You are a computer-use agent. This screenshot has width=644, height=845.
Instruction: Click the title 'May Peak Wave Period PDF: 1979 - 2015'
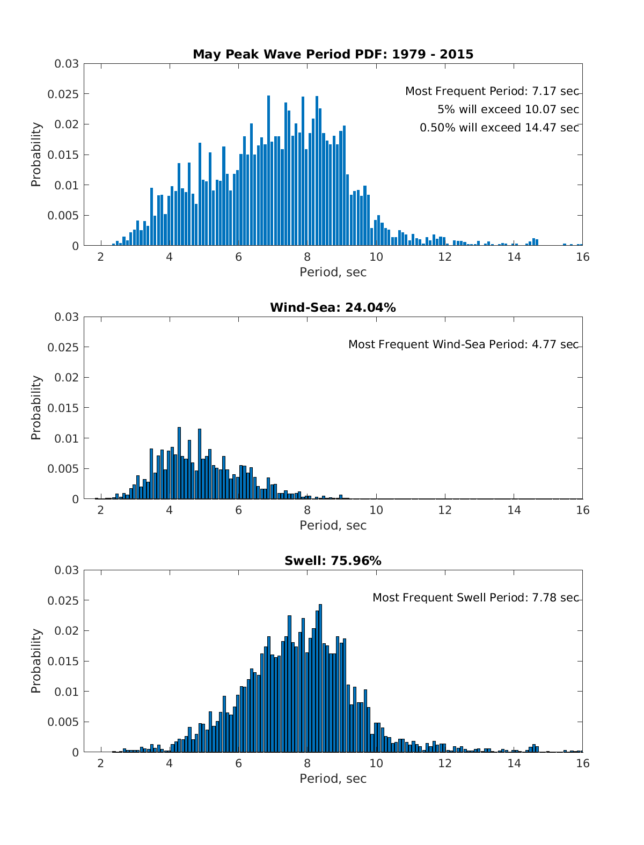tap(333, 54)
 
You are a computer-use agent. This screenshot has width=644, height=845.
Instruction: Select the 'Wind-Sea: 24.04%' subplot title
tap(333, 307)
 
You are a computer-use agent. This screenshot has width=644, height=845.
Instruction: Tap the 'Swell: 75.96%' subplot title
tap(333, 561)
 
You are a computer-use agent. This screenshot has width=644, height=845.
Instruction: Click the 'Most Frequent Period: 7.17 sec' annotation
tap(492, 91)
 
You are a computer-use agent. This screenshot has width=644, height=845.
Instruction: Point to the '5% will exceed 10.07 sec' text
tap(508, 109)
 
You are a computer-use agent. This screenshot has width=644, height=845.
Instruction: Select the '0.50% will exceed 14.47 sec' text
tap(499, 128)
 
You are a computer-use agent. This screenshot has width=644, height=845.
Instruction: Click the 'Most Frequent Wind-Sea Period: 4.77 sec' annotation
tap(463, 344)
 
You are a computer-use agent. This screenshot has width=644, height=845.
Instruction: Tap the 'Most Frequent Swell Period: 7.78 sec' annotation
tap(475, 598)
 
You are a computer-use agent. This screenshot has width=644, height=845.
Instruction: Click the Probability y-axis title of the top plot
tap(36, 155)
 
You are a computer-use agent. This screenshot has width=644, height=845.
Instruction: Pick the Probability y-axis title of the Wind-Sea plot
tap(36, 408)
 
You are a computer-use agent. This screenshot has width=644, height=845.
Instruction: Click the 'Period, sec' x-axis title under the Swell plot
tap(333, 778)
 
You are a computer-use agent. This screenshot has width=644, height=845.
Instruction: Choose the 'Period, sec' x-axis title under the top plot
tap(333, 272)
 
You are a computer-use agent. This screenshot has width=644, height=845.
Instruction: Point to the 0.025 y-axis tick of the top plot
tap(67, 94)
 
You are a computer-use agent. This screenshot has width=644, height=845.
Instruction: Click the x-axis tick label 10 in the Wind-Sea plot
tap(376, 510)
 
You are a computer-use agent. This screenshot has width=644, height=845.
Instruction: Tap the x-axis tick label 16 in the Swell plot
tap(582, 763)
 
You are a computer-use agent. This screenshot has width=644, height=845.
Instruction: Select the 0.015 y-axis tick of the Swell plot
tap(67, 661)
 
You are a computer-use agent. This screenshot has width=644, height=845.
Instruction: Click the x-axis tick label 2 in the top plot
tap(100, 256)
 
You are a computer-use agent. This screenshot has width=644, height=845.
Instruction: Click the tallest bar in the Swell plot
tap(320, 678)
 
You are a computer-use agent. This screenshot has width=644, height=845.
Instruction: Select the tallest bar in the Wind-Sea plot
tap(179, 463)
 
